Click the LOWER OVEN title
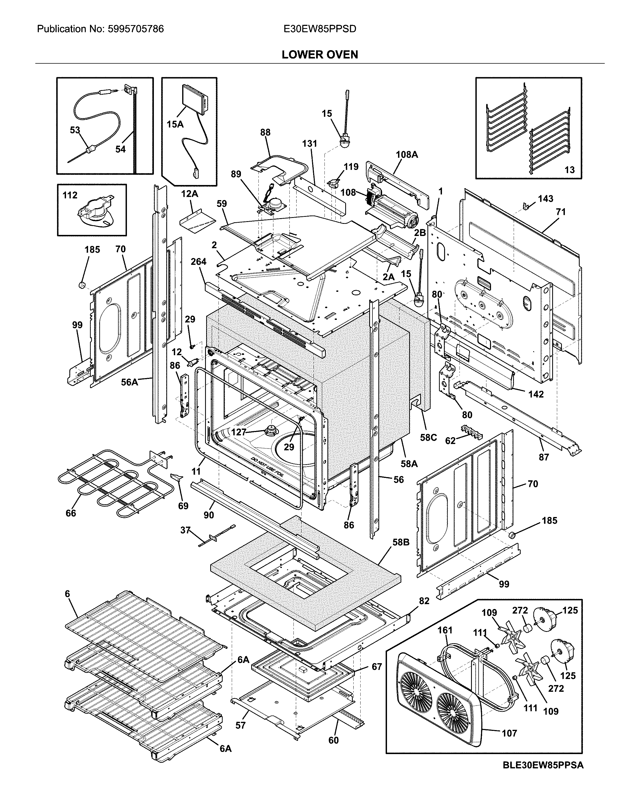(320, 54)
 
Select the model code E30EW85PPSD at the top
(320, 29)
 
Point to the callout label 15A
(175, 124)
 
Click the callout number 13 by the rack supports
(569, 170)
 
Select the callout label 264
(198, 262)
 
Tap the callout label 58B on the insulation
(401, 542)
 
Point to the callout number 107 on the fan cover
(509, 733)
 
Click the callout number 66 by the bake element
(71, 513)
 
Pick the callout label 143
(545, 199)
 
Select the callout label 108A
(407, 155)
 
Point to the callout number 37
(185, 530)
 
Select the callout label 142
(536, 394)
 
